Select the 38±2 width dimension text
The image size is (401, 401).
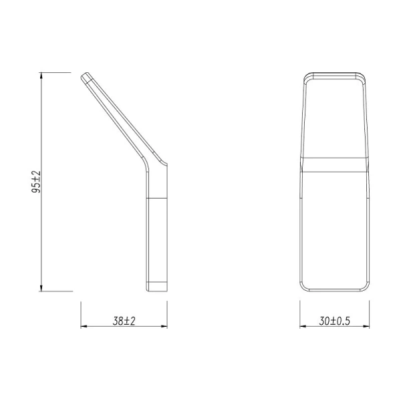[x=124, y=321]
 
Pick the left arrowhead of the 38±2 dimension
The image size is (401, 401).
[x=84, y=327]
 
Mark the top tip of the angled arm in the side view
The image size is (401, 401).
[x=86, y=75]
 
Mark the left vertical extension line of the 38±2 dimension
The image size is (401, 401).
[x=80, y=314]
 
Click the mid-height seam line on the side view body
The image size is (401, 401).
[x=156, y=199]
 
